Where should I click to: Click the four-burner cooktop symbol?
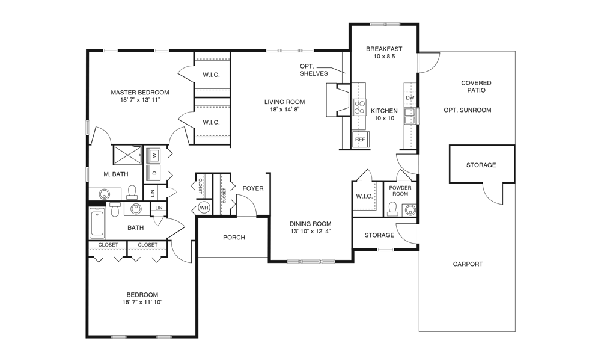point(359,107)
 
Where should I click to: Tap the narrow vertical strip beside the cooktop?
point(418,116)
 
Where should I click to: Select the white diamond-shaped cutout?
point(101,147)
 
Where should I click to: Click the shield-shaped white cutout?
point(493,181)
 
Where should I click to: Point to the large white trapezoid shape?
point(433,233)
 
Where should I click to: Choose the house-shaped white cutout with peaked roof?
point(246,219)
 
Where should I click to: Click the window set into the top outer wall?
point(385,24)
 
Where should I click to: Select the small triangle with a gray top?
point(404,180)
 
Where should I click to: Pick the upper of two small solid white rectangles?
point(132,197)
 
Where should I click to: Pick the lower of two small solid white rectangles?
point(115,205)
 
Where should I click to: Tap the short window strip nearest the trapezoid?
point(385,249)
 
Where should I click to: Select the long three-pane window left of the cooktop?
point(290,51)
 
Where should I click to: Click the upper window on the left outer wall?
point(88,127)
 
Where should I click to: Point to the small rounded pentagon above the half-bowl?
point(166,193)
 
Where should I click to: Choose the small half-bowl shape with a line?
point(159,215)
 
